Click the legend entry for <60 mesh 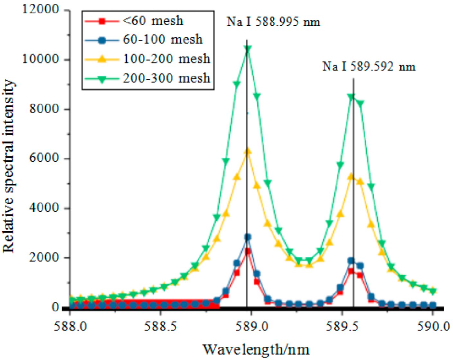[153, 21]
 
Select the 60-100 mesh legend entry [162, 40]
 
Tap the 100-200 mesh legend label [167, 59]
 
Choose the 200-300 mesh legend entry [167, 78]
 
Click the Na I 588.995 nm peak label [273, 22]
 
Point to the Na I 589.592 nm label [369, 67]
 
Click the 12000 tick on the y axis [41, 9]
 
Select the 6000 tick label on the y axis [44, 158]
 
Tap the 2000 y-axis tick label [44, 257]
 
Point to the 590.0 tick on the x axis [433, 327]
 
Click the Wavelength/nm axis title [256, 349]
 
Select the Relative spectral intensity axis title [9, 166]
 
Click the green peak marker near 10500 [247, 49]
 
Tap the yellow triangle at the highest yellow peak [247, 151]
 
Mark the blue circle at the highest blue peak [247, 237]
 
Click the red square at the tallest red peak [247, 251]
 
